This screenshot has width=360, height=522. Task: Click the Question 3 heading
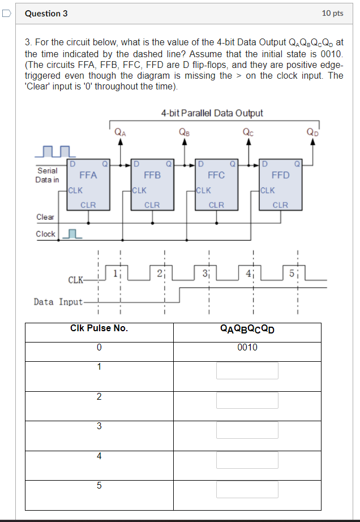(46, 13)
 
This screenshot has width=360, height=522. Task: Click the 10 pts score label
(332, 13)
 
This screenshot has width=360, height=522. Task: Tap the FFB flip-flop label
(152, 175)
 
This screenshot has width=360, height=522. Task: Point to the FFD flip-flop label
(281, 175)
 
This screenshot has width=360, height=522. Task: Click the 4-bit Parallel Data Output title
(212, 113)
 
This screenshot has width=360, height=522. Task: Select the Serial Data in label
(47, 175)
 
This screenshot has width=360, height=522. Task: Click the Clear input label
(45, 217)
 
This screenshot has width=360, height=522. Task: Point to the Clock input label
(45, 234)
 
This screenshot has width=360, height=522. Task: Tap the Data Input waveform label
(58, 302)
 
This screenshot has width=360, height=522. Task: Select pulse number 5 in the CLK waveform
(292, 274)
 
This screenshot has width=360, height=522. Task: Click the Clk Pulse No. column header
(99, 328)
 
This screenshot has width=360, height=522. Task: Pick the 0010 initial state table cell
(247, 347)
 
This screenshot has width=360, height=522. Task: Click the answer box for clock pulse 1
(247, 370)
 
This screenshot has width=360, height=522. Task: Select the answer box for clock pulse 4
(247, 459)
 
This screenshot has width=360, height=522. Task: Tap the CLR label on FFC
(216, 205)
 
